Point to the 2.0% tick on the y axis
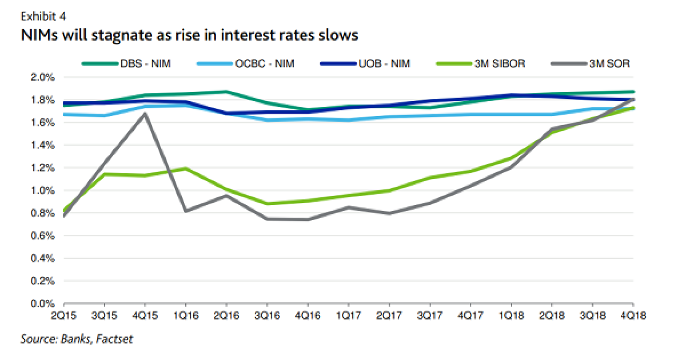click(43, 77)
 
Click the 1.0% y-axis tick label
click(43, 190)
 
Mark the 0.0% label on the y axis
click(43, 303)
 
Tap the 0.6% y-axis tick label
click(43, 235)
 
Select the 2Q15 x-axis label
click(63, 315)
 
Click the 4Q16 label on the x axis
click(308, 315)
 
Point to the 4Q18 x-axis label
click(633, 315)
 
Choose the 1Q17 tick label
click(348, 315)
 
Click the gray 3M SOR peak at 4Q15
click(145, 113)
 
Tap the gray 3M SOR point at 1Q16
click(186, 211)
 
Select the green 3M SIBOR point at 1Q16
click(186, 169)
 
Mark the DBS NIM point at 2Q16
click(226, 91)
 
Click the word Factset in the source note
click(114, 339)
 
